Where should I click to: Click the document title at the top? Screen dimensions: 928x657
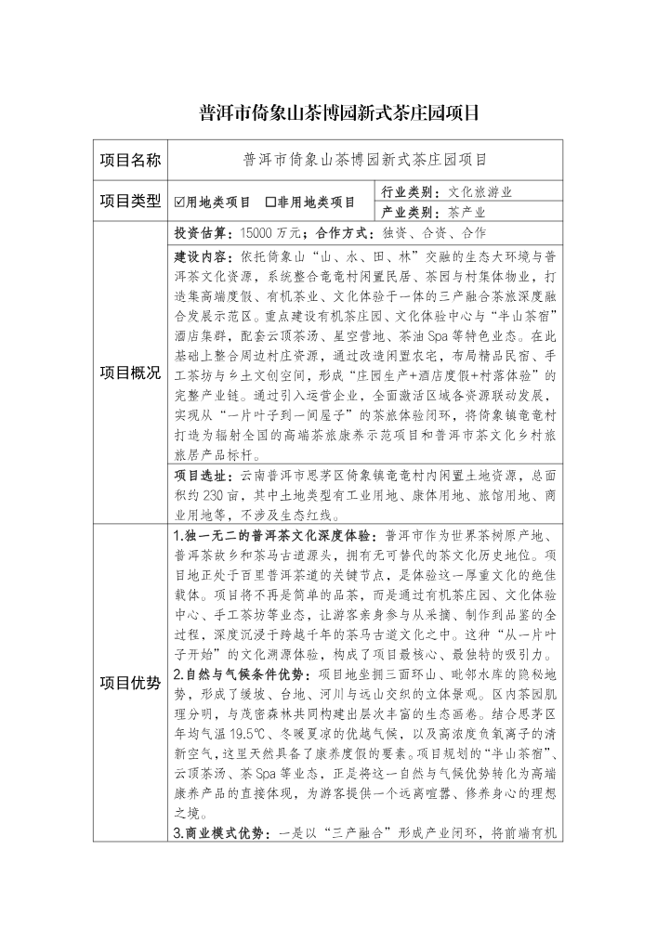pos(327,113)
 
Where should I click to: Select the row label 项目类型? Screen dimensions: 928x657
pos(130,201)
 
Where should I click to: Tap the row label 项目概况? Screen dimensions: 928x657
pos(130,373)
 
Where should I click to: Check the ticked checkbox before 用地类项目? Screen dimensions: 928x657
pos(181,202)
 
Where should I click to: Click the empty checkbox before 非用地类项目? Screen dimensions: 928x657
pos(270,202)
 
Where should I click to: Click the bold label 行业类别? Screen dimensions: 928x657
pos(412,192)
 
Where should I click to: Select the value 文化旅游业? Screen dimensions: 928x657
pos(480,192)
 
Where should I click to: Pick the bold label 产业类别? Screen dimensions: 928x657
pos(412,212)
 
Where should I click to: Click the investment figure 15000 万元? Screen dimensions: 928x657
pos(269,232)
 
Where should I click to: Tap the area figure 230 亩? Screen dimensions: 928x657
pos(237,495)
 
